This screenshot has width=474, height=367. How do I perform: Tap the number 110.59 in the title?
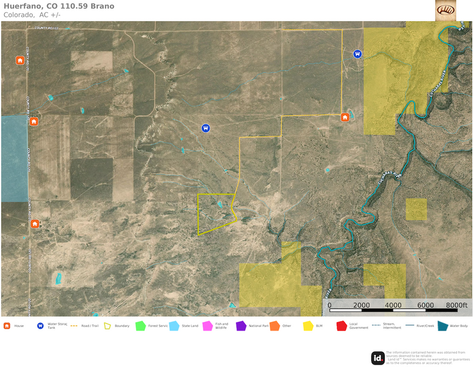(73, 6)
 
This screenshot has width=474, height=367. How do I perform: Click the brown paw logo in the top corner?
(446, 10)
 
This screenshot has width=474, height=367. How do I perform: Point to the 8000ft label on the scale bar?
(456, 305)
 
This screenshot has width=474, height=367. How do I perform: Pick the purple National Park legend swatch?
(241, 326)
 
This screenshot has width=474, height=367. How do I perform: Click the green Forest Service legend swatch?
(140, 326)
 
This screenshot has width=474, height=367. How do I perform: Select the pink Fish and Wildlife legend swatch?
(206, 326)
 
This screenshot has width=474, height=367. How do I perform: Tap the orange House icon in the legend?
(7, 326)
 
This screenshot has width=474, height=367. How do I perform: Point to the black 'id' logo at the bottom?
(378, 358)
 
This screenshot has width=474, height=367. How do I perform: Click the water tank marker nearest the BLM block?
(357, 53)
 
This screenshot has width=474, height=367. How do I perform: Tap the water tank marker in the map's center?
(205, 127)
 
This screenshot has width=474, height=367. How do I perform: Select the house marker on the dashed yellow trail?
(346, 117)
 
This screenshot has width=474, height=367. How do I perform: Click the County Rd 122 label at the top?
(47, 28)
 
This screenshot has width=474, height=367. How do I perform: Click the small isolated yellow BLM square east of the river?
(416, 209)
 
